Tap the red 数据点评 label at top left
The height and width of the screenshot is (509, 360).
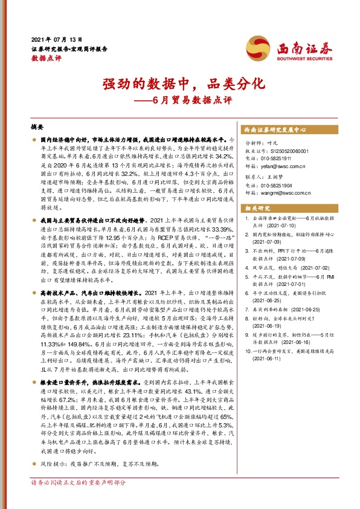tap(46, 59)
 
